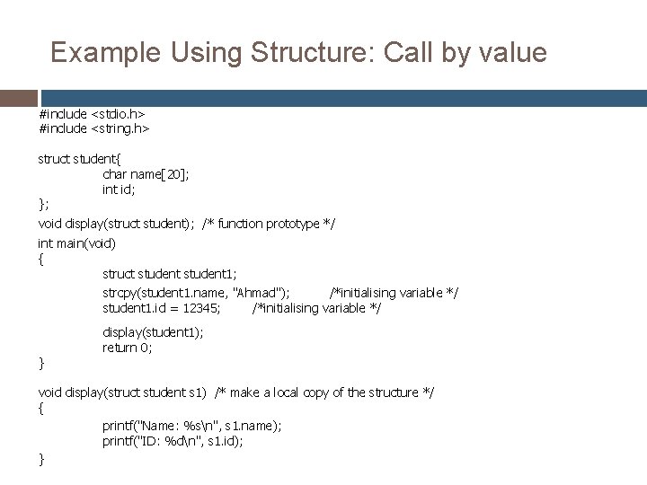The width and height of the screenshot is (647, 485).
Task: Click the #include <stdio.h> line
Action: click(92, 114)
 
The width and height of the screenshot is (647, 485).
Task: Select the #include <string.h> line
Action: click(93, 128)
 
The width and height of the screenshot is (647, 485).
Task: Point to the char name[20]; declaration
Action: click(146, 174)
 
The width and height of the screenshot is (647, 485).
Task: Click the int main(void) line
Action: click(76, 242)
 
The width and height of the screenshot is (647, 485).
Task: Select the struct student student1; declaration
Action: click(170, 274)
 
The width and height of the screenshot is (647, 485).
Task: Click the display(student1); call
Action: click(153, 331)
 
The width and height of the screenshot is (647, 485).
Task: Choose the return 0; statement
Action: click(128, 348)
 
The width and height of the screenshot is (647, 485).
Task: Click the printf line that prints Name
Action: click(191, 425)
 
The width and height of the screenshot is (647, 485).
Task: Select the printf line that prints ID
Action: click(173, 441)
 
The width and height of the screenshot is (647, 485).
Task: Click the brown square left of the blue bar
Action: click(19, 98)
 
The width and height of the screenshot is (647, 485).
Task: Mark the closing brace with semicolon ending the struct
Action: click(43, 206)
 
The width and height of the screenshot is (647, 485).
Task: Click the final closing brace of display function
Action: click(40, 459)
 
